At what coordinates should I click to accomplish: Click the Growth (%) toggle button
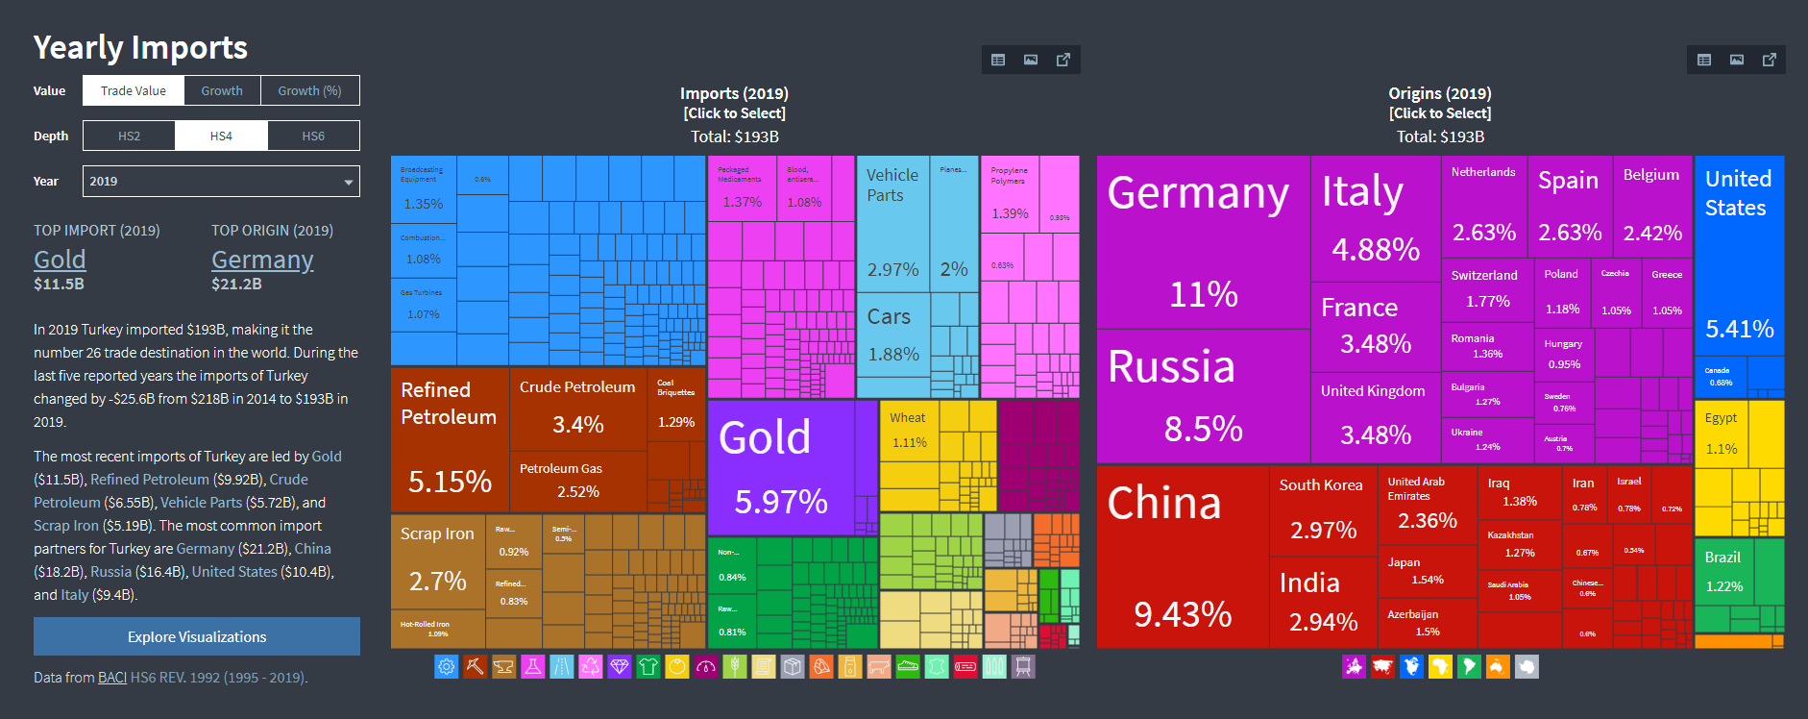coord(309,90)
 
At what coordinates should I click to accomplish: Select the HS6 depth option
coord(313,136)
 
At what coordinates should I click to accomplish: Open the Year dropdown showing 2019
coord(221,181)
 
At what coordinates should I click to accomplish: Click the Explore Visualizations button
coord(197,636)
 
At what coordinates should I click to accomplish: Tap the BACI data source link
coord(112,678)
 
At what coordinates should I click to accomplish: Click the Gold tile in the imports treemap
coord(780,467)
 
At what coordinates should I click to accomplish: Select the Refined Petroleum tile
coord(449,438)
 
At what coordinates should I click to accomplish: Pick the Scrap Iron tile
coord(438,561)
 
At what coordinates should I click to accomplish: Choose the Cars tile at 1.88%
coord(892,335)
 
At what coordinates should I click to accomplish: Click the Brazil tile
coord(1724,572)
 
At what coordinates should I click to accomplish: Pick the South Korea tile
coord(1322,509)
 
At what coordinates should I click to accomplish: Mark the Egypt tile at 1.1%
coord(1722,434)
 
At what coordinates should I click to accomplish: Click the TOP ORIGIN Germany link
coord(262,260)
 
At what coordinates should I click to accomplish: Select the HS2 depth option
coord(129,136)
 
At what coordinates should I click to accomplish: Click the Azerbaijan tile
coord(1427,622)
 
